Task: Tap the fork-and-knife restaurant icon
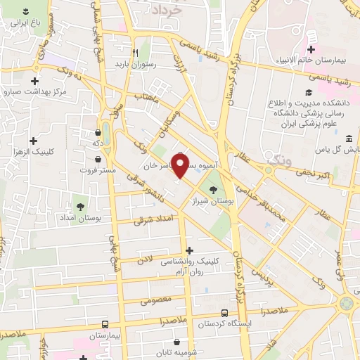(x=136, y=51)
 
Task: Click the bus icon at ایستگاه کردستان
(x=224, y=312)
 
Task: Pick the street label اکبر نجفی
(x=311, y=171)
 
